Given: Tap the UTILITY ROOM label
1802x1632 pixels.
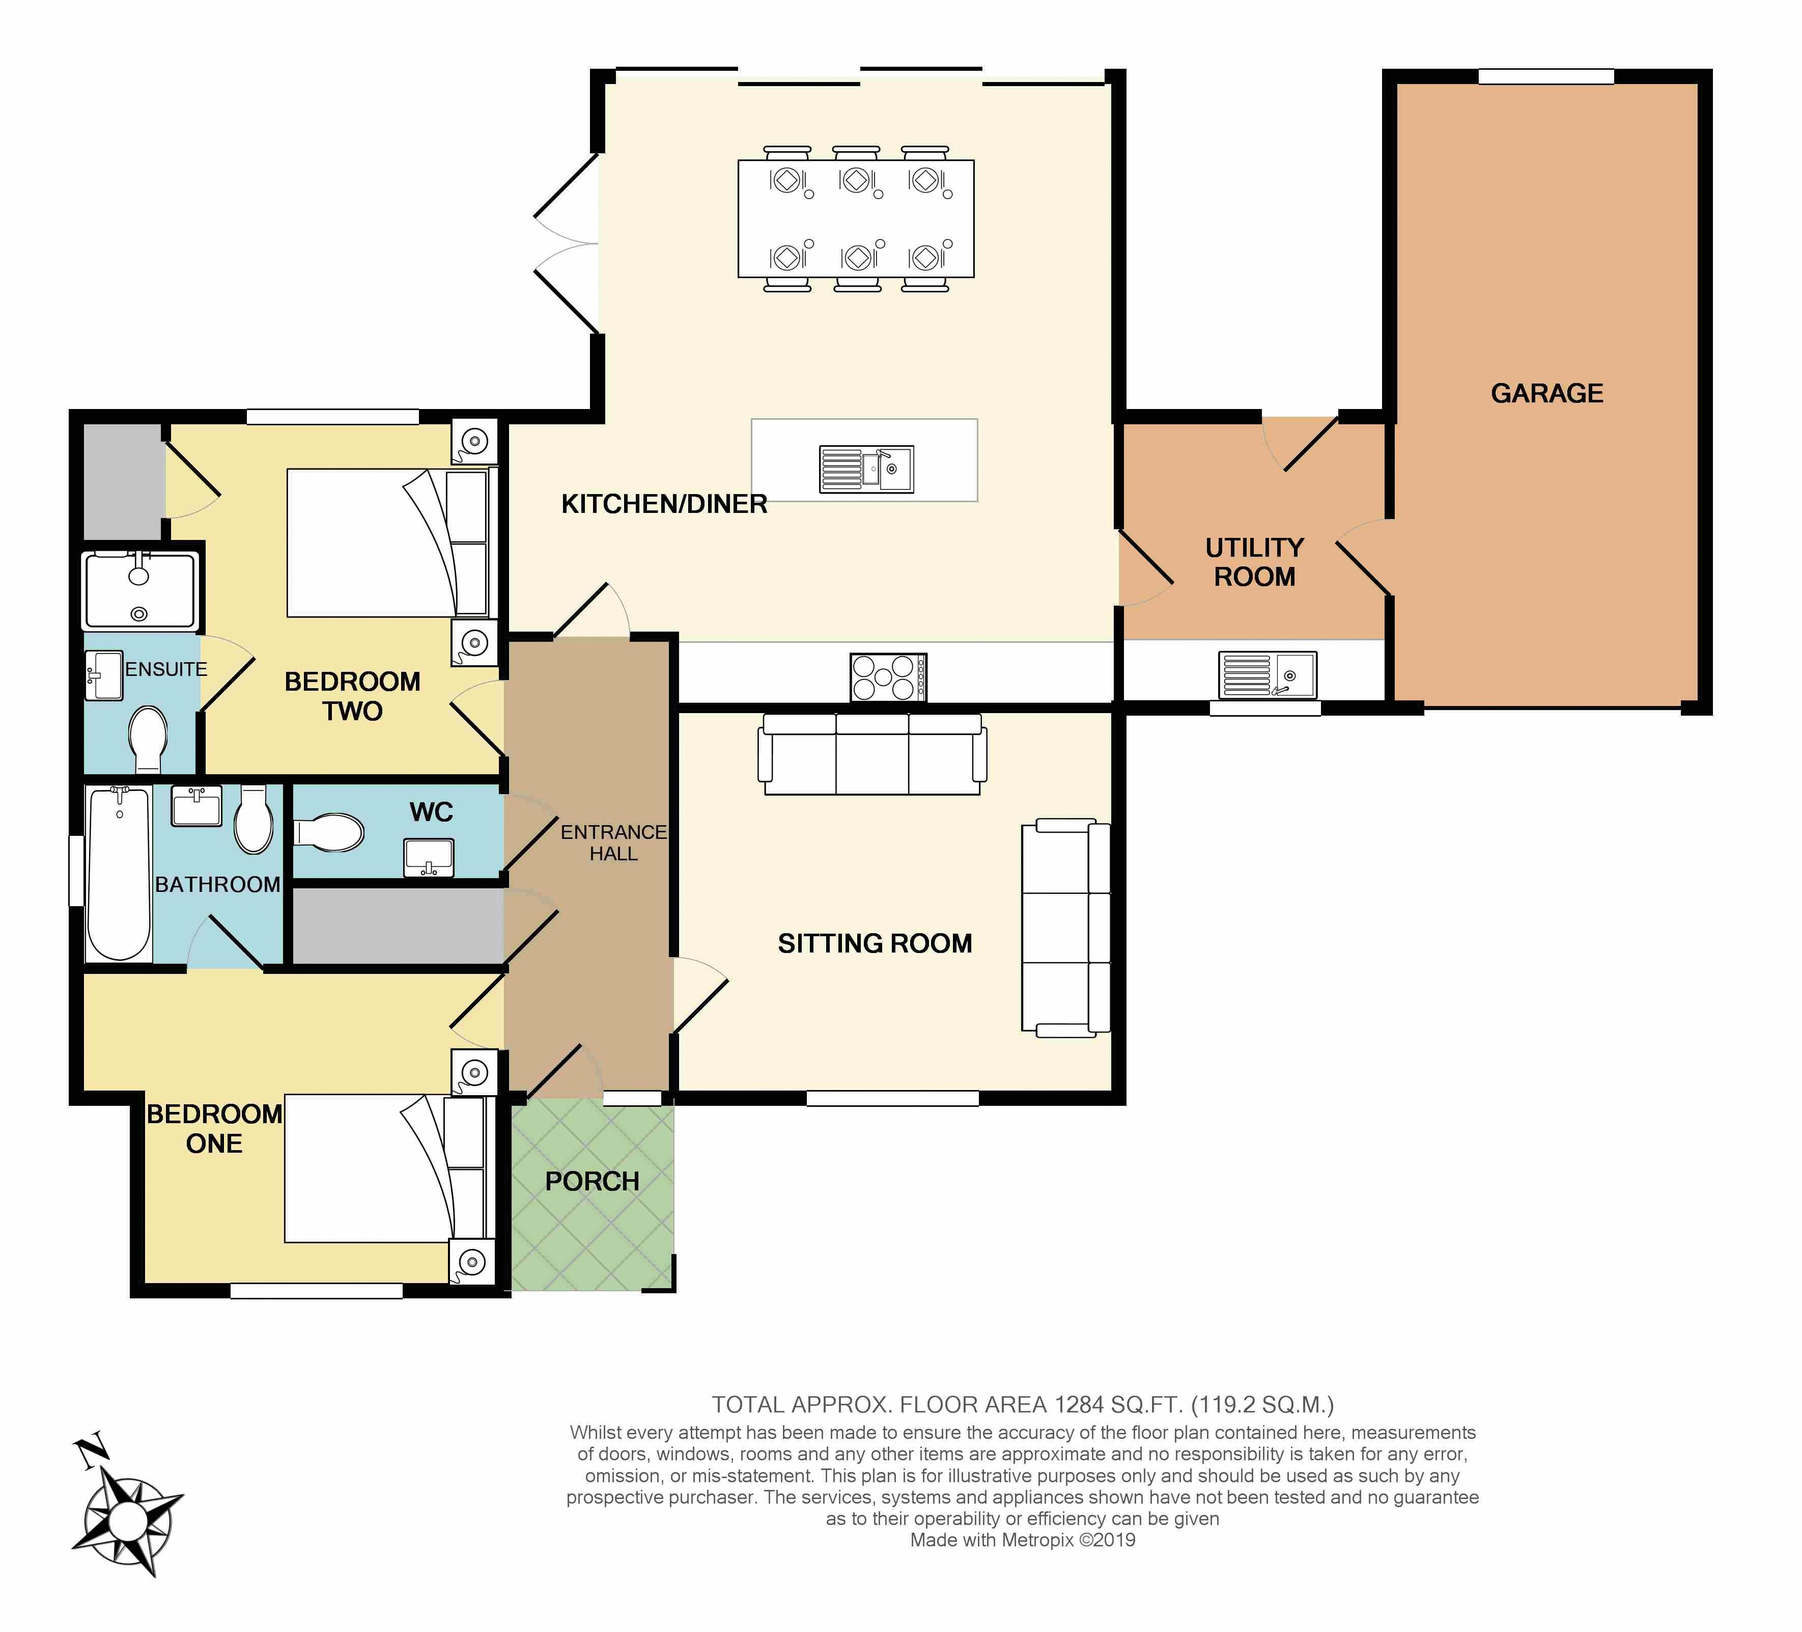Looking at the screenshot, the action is click(1254, 562).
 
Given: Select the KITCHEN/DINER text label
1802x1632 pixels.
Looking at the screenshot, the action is click(664, 504).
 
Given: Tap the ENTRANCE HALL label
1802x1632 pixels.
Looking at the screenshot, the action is click(613, 842).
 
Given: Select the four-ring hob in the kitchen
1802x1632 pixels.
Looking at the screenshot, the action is click(888, 677).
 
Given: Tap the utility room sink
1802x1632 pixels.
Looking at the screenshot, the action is click(1268, 674).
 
